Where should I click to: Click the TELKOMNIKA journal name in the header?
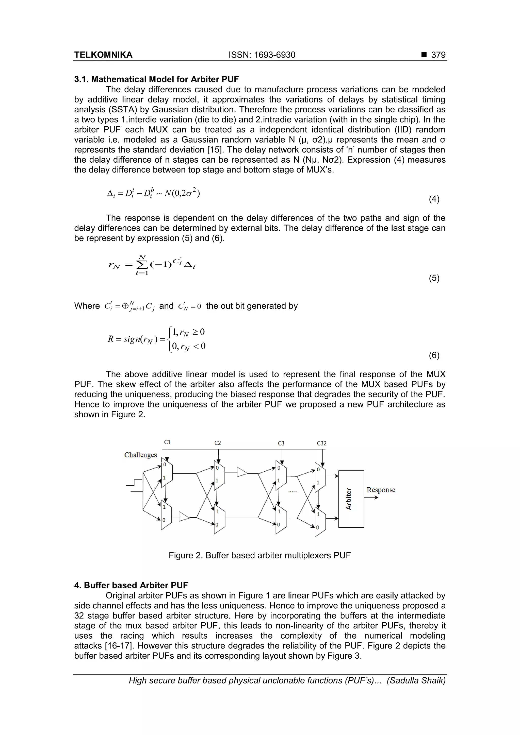pos(103,55)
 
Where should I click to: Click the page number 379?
pos(438,55)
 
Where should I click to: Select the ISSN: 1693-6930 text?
pos(262,55)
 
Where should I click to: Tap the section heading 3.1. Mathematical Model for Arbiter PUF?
pos(156,79)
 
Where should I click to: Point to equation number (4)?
pos(434,199)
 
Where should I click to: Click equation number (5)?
pos(434,278)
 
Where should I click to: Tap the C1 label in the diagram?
pos(167,442)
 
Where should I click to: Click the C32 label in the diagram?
pos(321,443)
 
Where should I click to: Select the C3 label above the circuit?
pos(281,443)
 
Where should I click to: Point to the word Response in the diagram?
pos(381,490)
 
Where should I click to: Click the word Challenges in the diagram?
pos(140,455)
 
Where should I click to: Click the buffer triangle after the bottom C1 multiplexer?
pos(184,517)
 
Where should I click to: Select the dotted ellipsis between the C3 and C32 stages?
pos(292,491)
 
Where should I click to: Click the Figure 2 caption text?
pos(259,555)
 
